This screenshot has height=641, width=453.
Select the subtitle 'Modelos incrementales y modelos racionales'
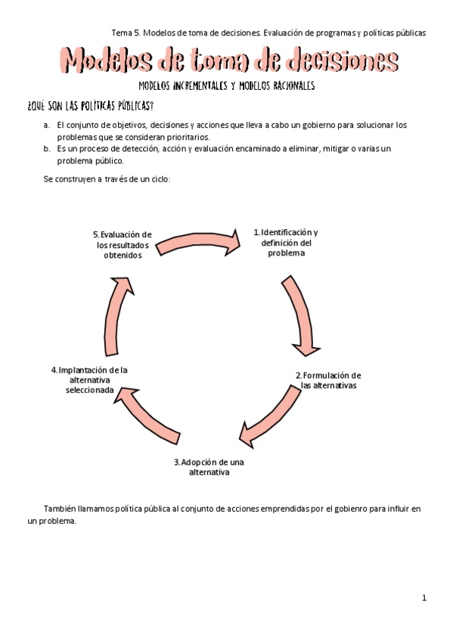(x=227, y=86)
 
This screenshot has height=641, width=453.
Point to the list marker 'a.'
(x=48, y=125)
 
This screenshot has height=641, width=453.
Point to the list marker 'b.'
(x=48, y=149)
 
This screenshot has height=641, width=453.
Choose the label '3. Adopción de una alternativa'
(x=209, y=466)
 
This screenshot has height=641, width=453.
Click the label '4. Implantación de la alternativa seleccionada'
(x=89, y=380)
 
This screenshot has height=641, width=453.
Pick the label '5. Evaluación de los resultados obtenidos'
(x=122, y=245)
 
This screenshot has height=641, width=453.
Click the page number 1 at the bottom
(x=424, y=598)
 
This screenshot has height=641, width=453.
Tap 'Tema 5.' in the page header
(x=126, y=33)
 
